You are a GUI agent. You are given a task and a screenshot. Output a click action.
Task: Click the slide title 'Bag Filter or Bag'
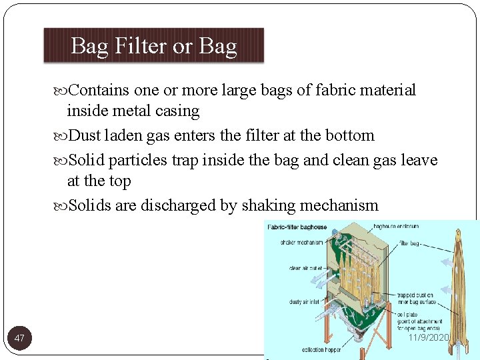pos(153,46)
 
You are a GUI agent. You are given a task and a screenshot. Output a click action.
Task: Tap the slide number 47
pos(19,339)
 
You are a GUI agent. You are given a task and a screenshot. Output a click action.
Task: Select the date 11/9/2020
pos(429,338)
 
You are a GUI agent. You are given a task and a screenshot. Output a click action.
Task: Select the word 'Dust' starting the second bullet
pos(85,136)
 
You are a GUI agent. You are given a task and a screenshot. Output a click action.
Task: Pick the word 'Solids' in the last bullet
pos(90,205)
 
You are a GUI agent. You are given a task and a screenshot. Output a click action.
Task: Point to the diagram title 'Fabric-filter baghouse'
pos(298,227)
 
